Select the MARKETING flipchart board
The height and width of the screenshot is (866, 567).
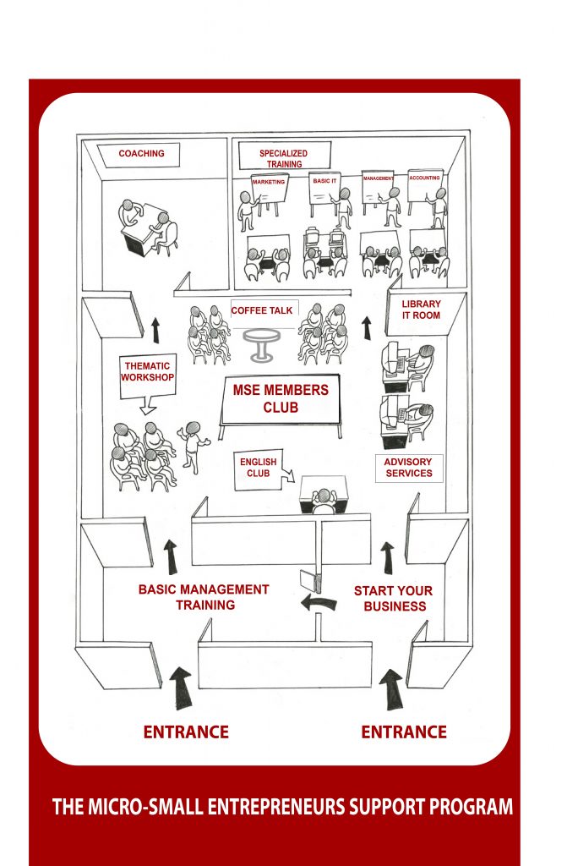coord(269,189)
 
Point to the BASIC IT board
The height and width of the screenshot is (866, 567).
coord(324,188)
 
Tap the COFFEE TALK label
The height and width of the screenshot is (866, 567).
coord(262,310)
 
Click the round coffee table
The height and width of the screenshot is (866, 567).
coord(261,344)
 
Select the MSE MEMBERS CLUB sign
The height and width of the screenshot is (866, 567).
coord(281,400)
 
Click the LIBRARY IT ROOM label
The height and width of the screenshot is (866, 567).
coord(422,310)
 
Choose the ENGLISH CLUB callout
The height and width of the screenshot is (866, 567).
coord(259,469)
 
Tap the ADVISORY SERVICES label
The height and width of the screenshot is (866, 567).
coord(409,468)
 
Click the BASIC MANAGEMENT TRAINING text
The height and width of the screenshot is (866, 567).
coord(204,597)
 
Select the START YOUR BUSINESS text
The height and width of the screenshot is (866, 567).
coord(394,599)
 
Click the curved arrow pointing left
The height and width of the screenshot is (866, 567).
coord(319,601)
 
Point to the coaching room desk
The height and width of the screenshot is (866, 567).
coord(143,230)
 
